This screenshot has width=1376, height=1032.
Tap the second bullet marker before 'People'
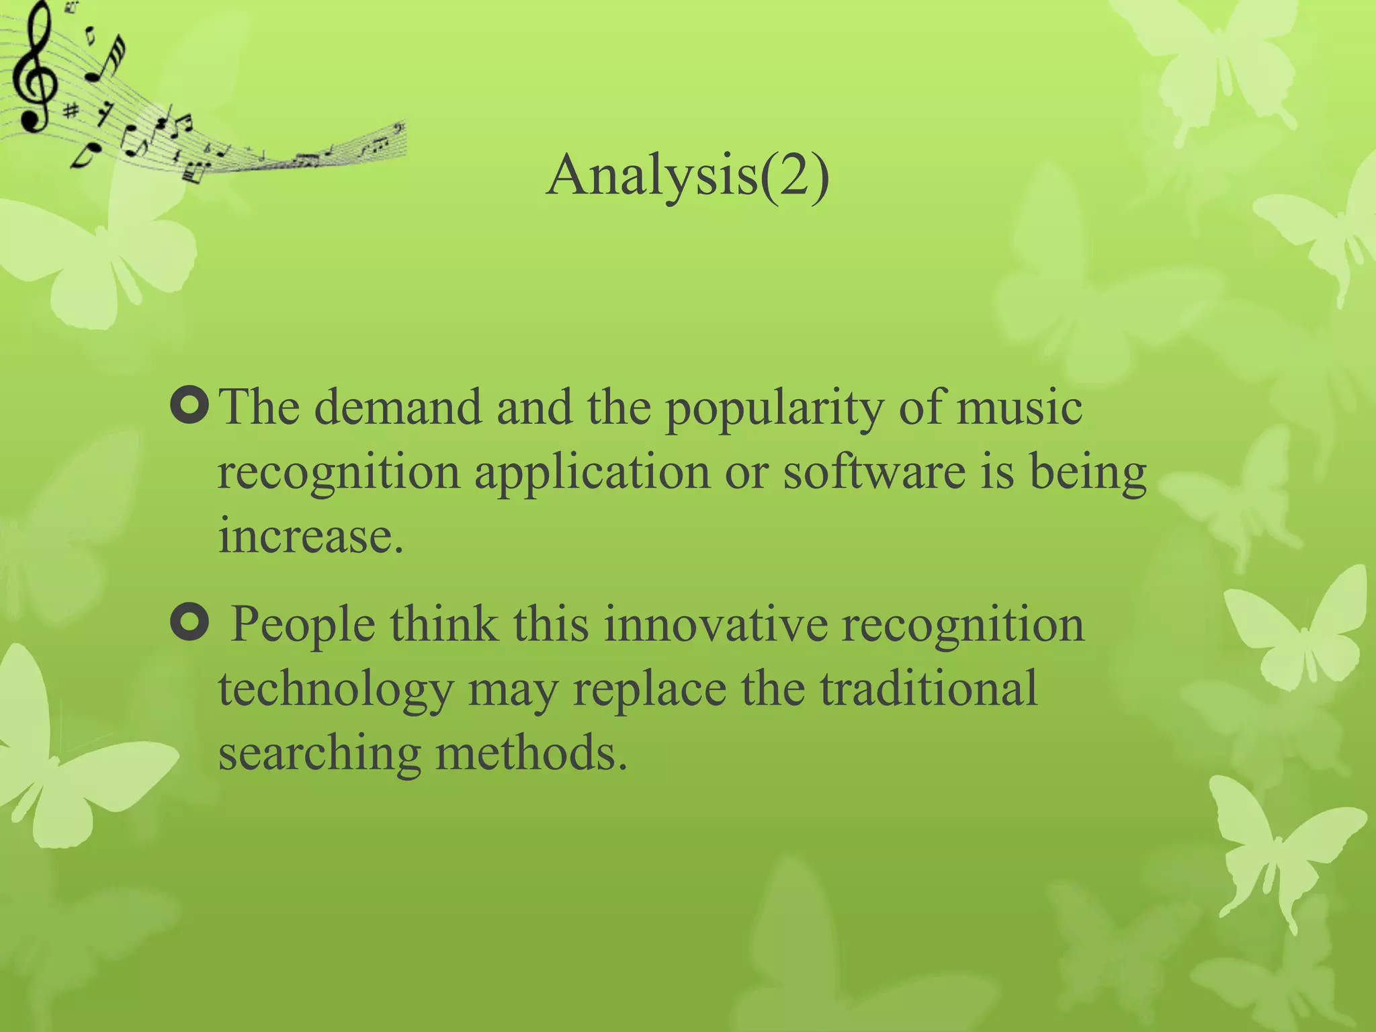[190, 621]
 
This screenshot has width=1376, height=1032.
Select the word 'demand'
[398, 407]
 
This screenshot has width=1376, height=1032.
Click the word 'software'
[874, 472]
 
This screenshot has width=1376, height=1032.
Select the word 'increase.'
[311, 536]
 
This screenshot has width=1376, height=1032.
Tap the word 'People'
[302, 625]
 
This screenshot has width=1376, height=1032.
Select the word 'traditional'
[929, 688]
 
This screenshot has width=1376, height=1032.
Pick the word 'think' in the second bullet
[444, 623]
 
